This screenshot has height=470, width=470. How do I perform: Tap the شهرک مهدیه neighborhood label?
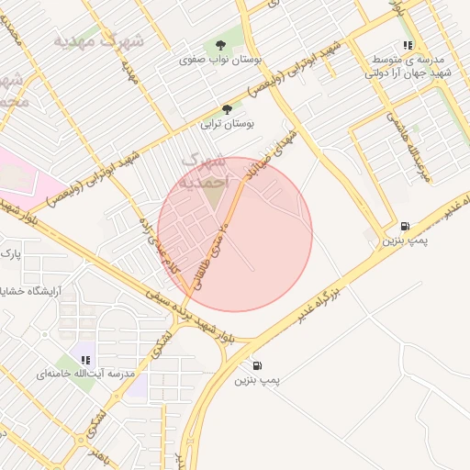[x=99, y=40]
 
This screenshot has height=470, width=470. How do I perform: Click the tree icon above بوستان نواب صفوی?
[x=219, y=43]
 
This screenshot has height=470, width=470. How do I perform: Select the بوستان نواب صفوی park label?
[x=219, y=59]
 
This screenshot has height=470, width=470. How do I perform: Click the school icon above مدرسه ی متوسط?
[x=408, y=44]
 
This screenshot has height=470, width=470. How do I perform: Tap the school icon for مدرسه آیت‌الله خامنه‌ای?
[x=85, y=360]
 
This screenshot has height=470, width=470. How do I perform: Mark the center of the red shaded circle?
[x=235, y=234]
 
